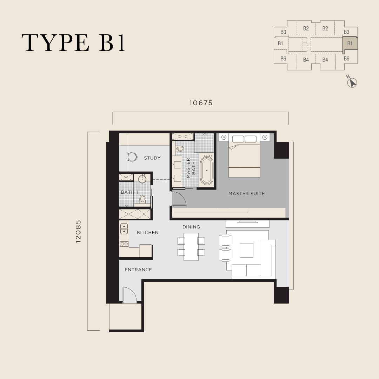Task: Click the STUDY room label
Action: pyautogui.click(x=152, y=158)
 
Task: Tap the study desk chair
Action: pyautogui.click(x=132, y=157)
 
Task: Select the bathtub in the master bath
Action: pyautogui.click(x=207, y=171)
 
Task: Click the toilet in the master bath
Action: pyautogui.click(x=180, y=148)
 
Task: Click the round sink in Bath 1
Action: pyautogui.click(x=142, y=179)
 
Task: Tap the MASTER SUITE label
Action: pyautogui.click(x=247, y=194)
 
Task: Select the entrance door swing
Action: pyautogui.click(x=129, y=295)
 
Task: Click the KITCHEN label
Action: pyautogui.click(x=148, y=233)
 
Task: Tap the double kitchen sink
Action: pyautogui.click(x=124, y=229)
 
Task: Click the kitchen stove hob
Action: pyautogui.click(x=124, y=244)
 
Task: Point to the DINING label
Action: pyautogui.click(x=191, y=227)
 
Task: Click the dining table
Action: pyautogui.click(x=191, y=247)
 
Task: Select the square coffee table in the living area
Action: pyautogui.click(x=247, y=251)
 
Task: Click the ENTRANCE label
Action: pyautogui.click(x=138, y=270)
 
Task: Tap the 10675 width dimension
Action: pyautogui.click(x=201, y=103)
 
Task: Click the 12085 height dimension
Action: pyautogui.click(x=78, y=231)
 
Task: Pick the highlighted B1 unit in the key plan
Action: pyautogui.click(x=350, y=44)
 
